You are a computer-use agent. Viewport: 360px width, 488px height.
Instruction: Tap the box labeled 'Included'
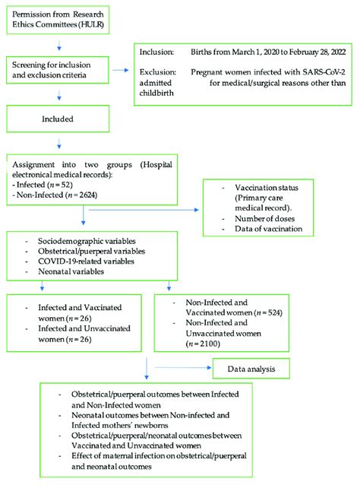tap(58, 119)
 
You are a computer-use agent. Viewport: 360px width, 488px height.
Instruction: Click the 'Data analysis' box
tap(248, 369)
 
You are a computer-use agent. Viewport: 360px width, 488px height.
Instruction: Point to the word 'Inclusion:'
tap(158, 52)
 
